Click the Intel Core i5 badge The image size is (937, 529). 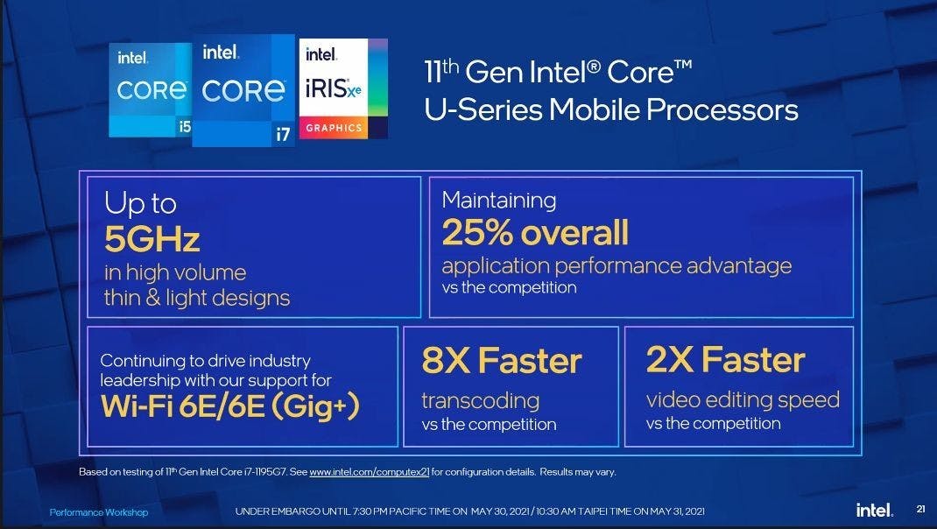click(150, 89)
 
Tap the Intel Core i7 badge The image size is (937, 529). click(243, 90)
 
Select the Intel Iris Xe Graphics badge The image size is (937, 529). click(343, 88)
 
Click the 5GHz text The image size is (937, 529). click(151, 239)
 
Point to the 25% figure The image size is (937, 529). click(477, 232)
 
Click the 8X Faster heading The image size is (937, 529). click(502, 361)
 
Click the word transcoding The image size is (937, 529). click(481, 400)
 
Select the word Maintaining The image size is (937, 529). click(499, 201)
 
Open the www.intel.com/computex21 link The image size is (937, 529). click(370, 471)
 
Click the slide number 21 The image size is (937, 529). click(921, 509)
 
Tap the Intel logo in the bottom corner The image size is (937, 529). click(875, 510)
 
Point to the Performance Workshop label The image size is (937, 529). click(99, 512)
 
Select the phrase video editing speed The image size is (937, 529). click(743, 400)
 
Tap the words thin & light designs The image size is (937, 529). click(197, 298)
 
